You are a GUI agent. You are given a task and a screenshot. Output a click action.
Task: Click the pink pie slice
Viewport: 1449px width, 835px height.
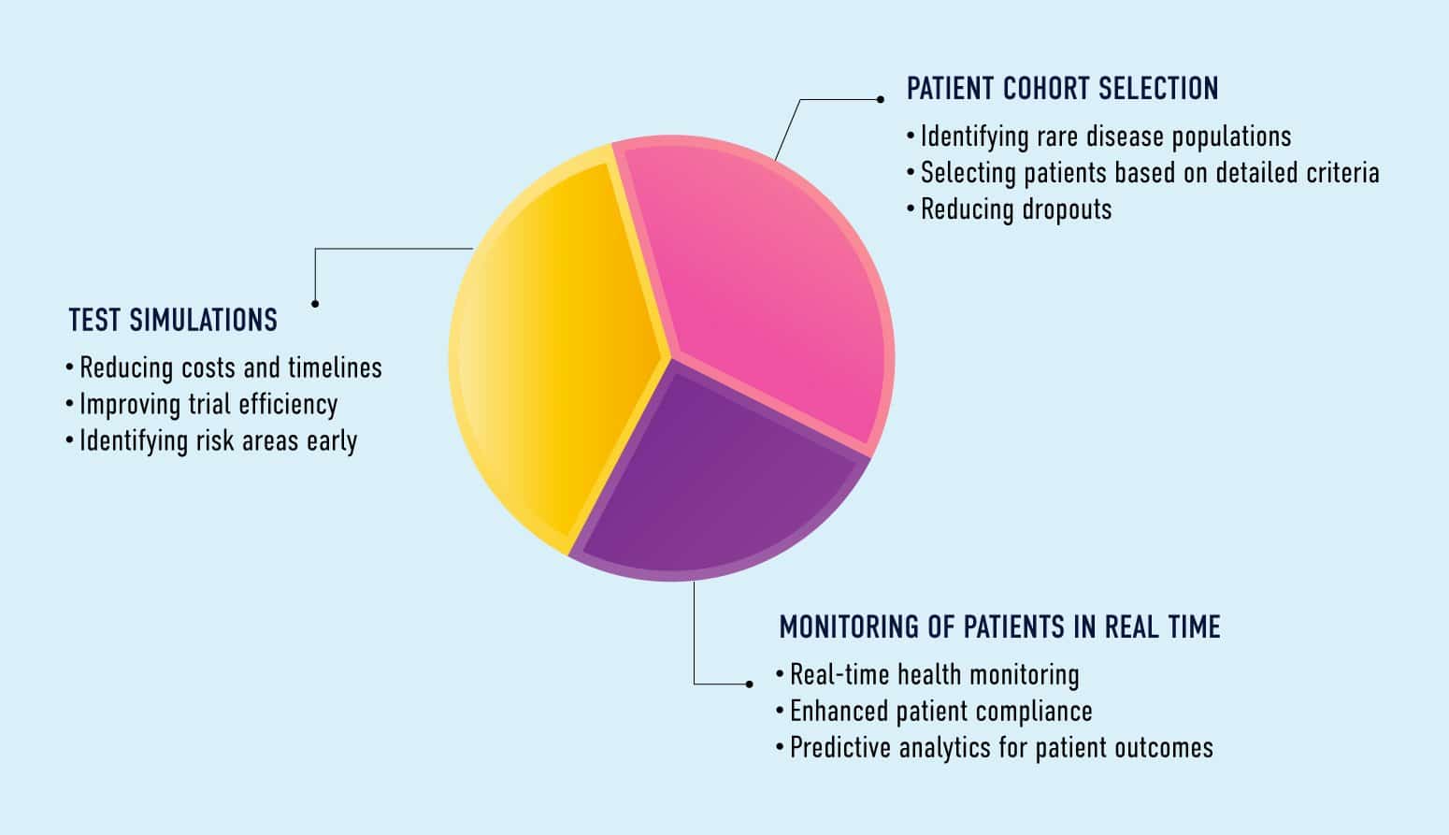[767, 281]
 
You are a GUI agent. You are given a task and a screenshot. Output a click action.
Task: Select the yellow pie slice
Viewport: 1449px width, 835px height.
[552, 355]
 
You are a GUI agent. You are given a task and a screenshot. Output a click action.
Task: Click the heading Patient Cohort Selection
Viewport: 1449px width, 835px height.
[1062, 89]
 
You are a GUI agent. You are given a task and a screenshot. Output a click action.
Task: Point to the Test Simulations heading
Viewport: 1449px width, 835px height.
[173, 321]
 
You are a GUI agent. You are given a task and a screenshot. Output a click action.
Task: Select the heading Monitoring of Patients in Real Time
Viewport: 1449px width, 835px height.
[999, 626]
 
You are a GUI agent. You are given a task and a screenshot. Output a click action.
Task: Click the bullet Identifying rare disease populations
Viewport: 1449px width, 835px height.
[1105, 137]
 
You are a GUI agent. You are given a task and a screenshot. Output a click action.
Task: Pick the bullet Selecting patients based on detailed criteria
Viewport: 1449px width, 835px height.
[1149, 173]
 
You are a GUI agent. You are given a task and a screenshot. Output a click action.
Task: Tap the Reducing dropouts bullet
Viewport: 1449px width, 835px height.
[1015, 209]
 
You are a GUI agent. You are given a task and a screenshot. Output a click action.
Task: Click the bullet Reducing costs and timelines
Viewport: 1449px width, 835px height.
[230, 368]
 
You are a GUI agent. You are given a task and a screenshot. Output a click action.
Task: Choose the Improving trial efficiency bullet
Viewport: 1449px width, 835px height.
[208, 405]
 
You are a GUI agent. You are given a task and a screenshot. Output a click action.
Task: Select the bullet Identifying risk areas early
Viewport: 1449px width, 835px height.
[218, 441]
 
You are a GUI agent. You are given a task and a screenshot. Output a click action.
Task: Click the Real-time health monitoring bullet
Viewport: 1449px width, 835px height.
[934, 675]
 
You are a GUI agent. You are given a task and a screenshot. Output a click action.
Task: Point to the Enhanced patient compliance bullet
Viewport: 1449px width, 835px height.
[940, 712]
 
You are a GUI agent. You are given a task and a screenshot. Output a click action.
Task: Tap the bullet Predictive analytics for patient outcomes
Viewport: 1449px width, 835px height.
[1001, 748]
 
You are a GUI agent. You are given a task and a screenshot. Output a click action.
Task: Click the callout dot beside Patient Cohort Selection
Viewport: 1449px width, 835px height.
[880, 99]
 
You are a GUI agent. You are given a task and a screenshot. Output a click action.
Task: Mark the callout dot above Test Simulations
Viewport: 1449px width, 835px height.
[315, 303]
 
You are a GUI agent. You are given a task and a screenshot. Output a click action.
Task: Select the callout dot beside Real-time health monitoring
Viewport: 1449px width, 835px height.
[749, 684]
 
